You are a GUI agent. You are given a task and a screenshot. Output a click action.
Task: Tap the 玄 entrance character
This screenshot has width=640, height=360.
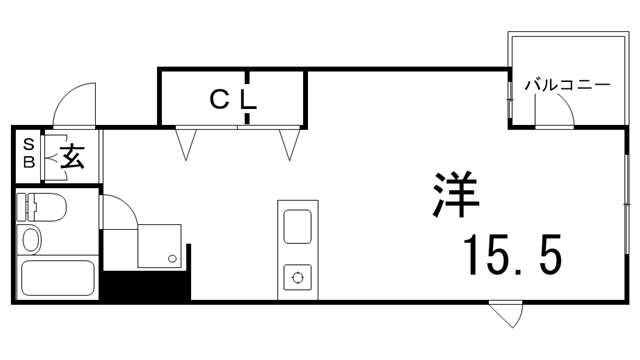tap(72, 156)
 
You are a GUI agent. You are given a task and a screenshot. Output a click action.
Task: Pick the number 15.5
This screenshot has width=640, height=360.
tap(511, 256)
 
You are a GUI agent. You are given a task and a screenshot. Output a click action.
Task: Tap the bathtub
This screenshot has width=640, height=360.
tap(57, 278)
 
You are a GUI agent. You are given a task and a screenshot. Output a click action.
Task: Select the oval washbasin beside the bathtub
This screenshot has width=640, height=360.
tap(32, 241)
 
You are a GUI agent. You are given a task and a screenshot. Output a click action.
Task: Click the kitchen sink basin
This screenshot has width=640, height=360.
tap(298, 226)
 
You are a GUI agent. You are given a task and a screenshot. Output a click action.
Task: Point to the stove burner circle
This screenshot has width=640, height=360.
tap(297, 276)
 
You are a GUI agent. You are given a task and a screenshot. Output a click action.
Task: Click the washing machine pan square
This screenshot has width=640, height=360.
tap(160, 245)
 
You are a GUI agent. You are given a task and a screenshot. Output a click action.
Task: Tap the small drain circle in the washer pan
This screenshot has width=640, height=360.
tap(173, 259)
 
